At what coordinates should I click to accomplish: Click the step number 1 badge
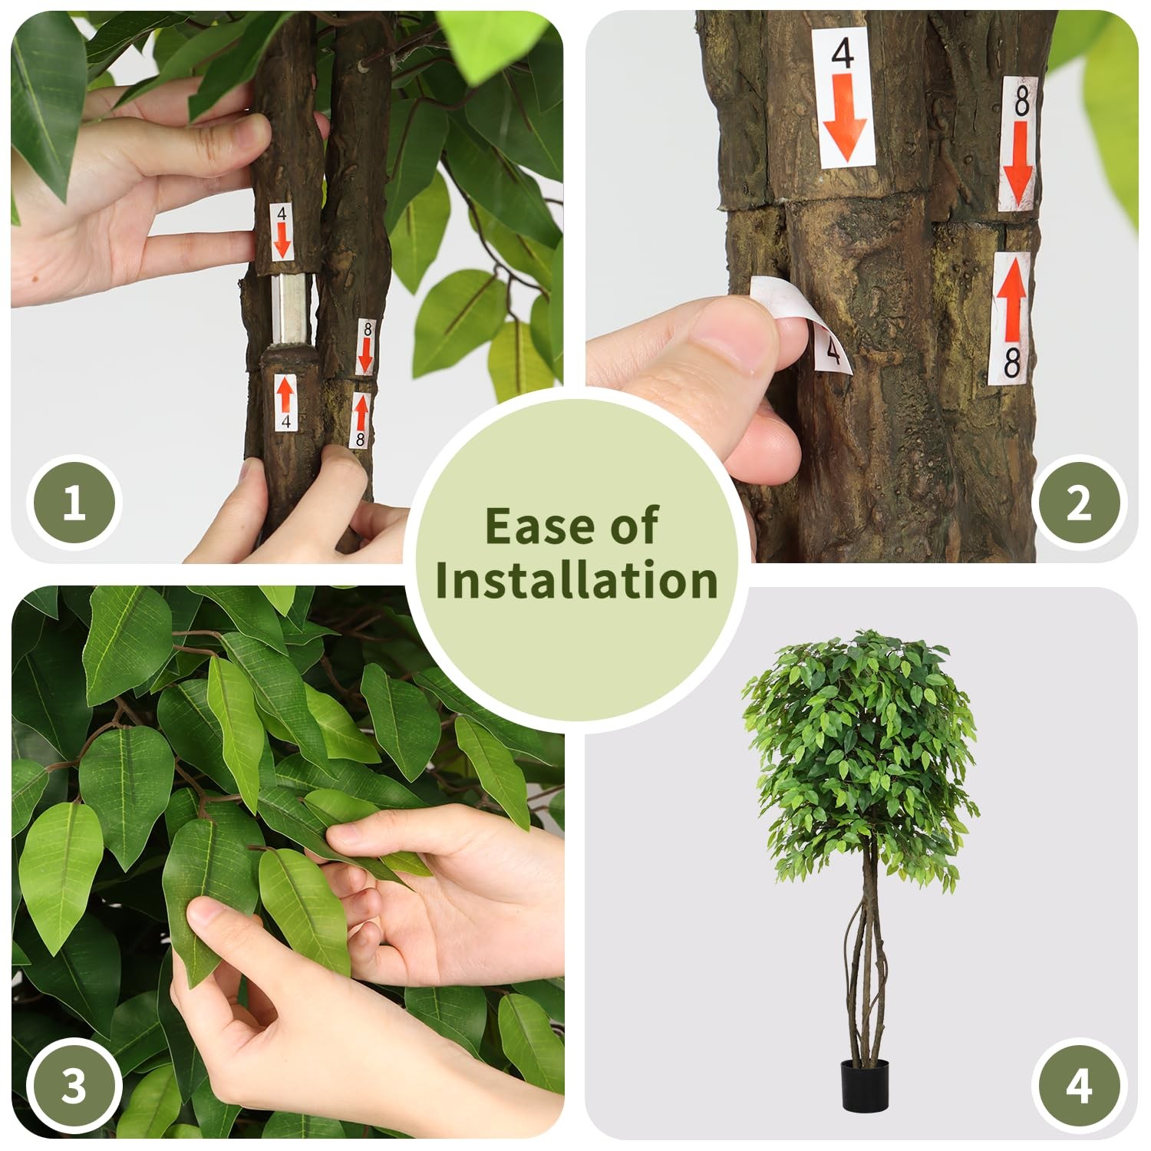click(74, 503)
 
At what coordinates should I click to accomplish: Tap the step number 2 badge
click(1078, 503)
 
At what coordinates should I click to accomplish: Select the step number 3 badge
click(74, 1085)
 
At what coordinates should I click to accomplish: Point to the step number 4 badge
click(1078, 1085)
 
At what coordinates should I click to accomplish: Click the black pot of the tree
click(864, 1083)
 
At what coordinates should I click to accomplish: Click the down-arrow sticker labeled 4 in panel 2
click(843, 97)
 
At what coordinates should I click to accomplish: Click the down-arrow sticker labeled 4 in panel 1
click(282, 232)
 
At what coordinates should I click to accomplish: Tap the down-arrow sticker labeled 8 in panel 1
click(366, 348)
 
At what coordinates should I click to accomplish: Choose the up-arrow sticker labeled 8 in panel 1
click(361, 420)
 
